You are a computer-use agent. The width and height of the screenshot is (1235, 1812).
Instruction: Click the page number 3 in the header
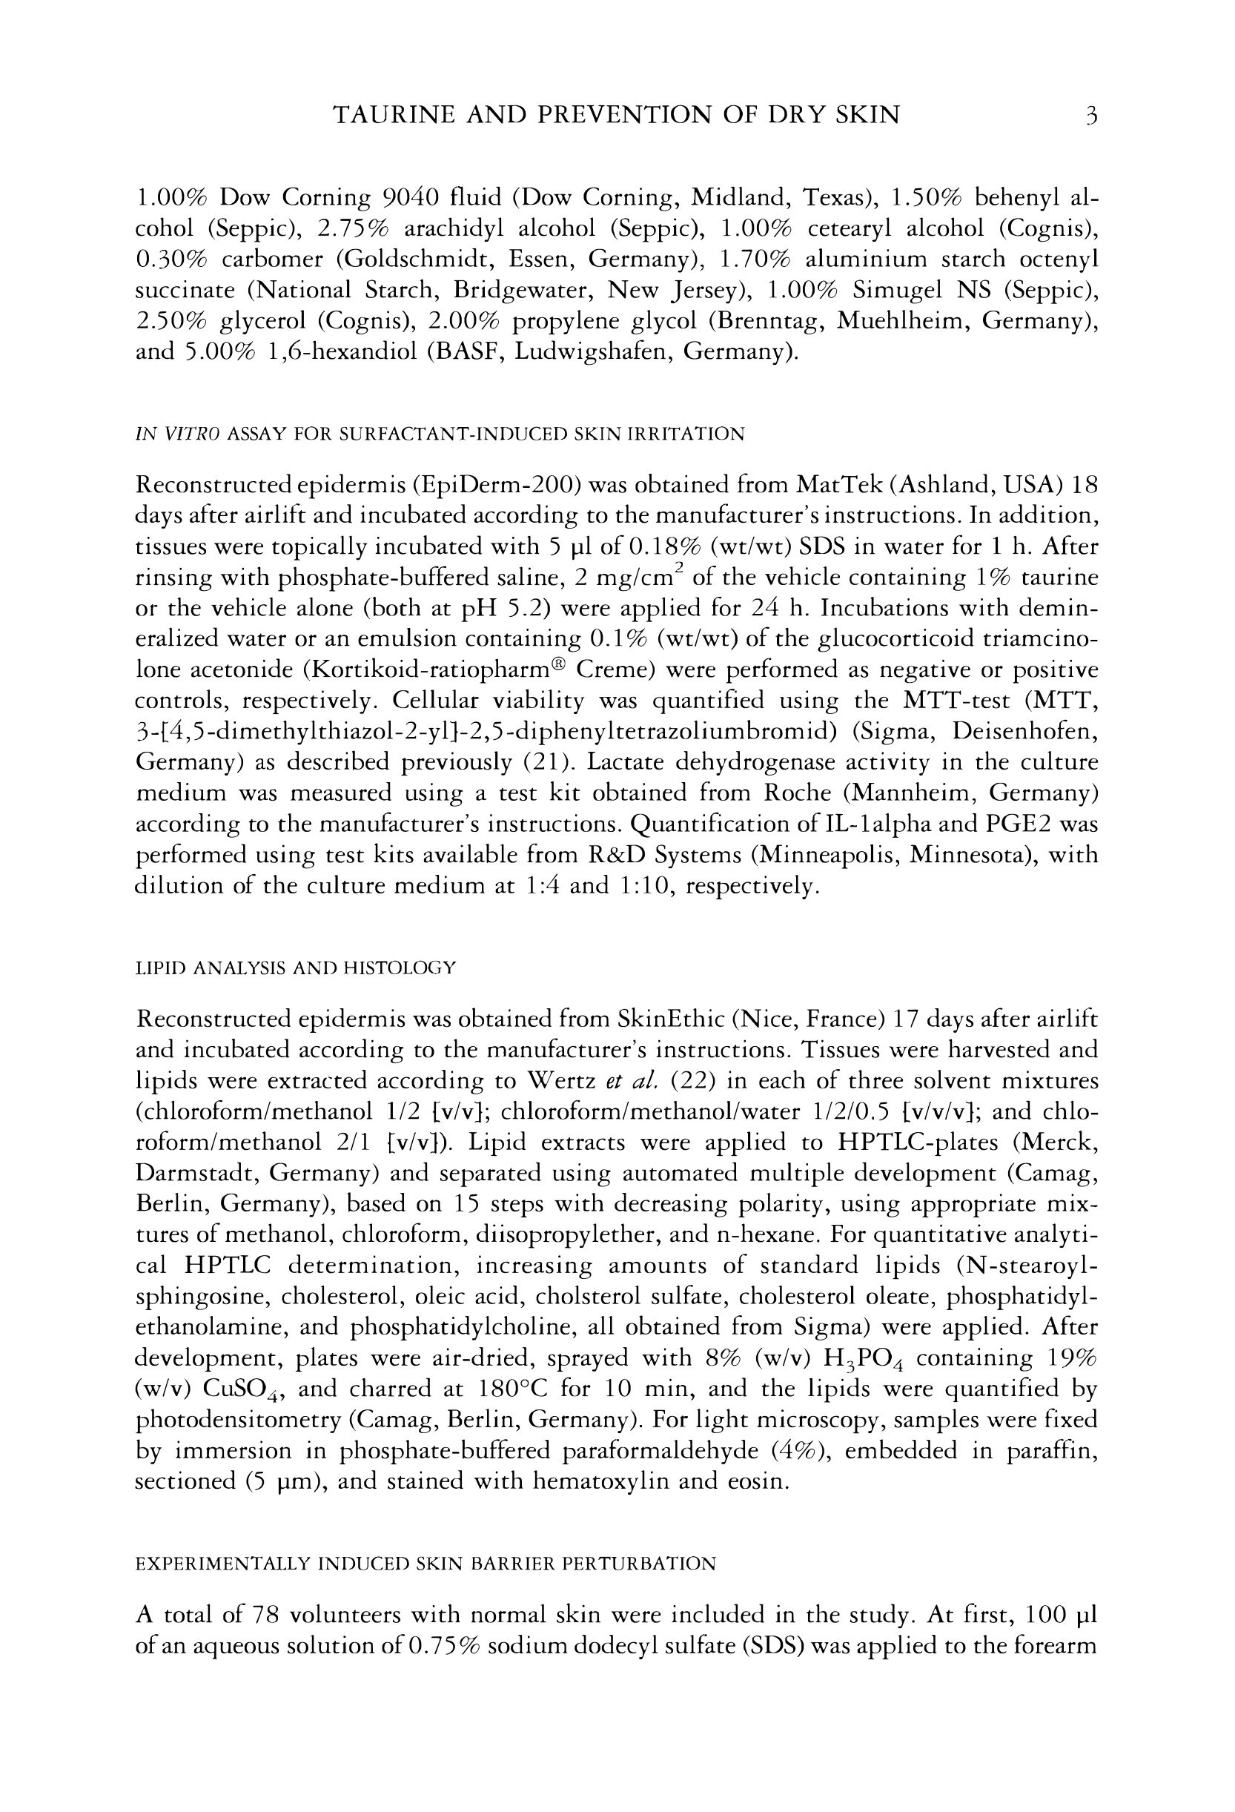pos(1091,116)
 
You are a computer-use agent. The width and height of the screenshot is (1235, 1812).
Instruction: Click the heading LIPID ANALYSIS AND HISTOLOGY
pos(296,968)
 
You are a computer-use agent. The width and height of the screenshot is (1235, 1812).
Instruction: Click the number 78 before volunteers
pos(265,1612)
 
